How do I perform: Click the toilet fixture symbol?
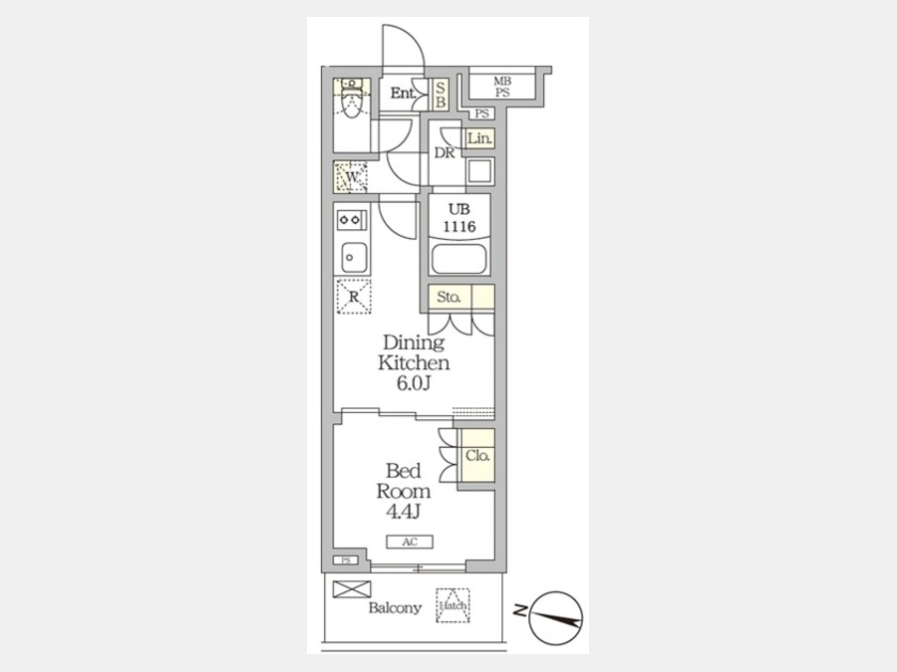(x=352, y=98)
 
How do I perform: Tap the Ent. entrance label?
(x=403, y=94)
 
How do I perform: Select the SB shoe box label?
(x=440, y=95)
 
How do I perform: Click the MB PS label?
(x=502, y=87)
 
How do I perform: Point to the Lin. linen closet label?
(x=479, y=138)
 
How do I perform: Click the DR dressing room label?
(x=445, y=153)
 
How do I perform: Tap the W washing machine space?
(x=351, y=177)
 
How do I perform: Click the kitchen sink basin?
(x=354, y=258)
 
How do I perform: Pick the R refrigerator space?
(x=354, y=297)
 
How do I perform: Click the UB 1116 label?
(x=458, y=218)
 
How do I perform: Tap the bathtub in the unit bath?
(x=459, y=260)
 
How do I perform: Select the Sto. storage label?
(x=449, y=297)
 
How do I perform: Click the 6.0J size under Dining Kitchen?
(x=413, y=383)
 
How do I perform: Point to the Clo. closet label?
(x=477, y=456)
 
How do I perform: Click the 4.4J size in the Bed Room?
(x=404, y=512)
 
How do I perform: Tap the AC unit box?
(x=410, y=542)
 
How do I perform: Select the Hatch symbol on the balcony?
(x=453, y=605)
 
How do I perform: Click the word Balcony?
(x=395, y=608)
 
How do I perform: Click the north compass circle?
(x=555, y=617)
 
